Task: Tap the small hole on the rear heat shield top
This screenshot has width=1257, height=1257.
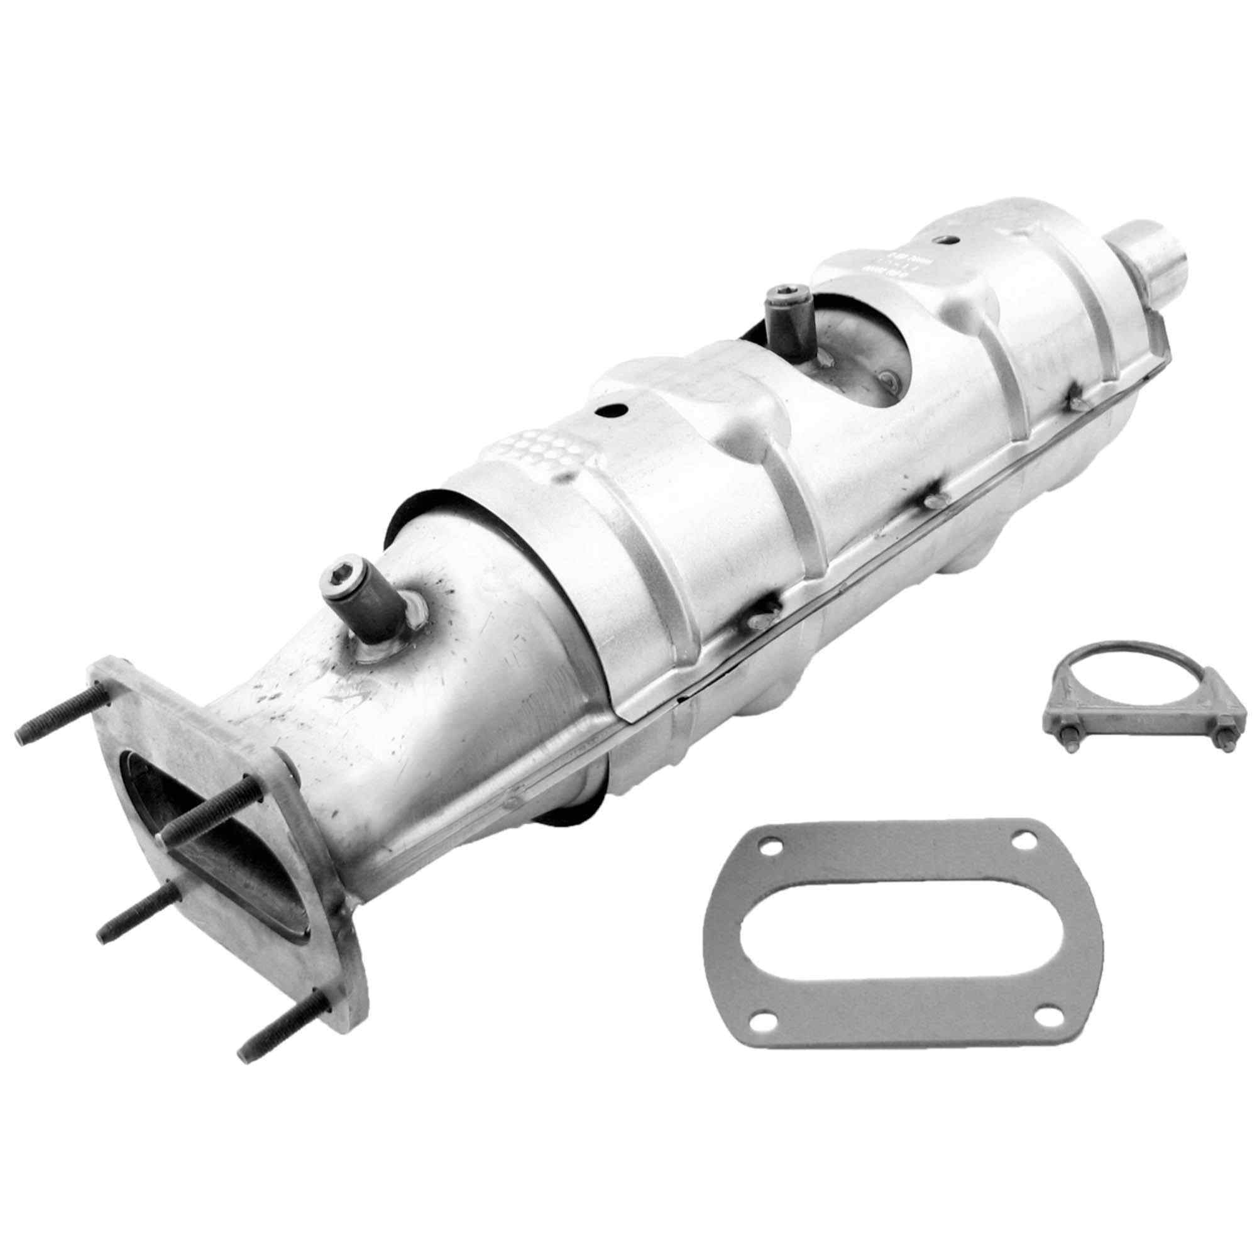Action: point(949,240)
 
